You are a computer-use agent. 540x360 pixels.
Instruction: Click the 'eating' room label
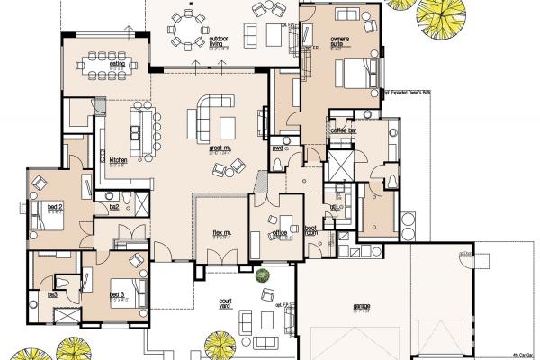point(117,64)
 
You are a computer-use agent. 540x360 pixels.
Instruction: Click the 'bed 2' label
point(41,209)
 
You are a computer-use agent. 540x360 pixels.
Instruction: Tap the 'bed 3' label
point(117,293)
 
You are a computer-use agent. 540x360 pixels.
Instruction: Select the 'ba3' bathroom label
point(52,293)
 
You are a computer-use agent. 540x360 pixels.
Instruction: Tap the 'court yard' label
point(225,307)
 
